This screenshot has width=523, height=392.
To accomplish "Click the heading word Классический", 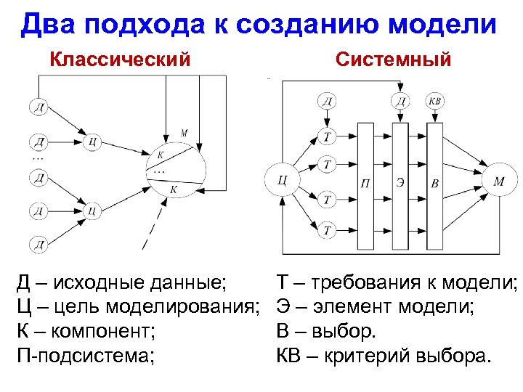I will click(x=120, y=58).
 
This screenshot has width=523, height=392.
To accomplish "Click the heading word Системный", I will click(x=393, y=58).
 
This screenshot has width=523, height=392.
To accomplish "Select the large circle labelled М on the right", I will click(x=498, y=181).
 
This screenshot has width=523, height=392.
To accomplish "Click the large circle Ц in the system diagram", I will click(x=283, y=180).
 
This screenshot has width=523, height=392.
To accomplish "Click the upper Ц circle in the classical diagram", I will click(x=92, y=142).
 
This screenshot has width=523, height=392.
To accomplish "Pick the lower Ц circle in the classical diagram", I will click(x=92, y=211).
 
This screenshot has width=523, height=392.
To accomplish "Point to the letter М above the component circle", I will click(x=184, y=133).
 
